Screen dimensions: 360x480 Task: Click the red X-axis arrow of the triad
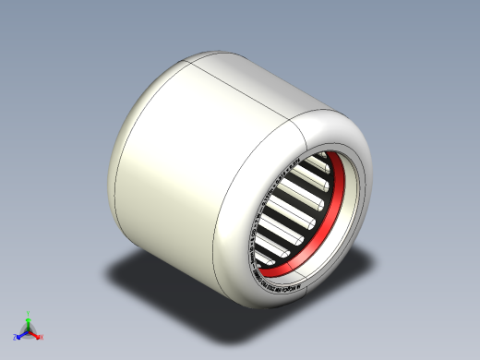tap(35, 332)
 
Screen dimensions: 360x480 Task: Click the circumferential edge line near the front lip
tap(222, 203)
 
